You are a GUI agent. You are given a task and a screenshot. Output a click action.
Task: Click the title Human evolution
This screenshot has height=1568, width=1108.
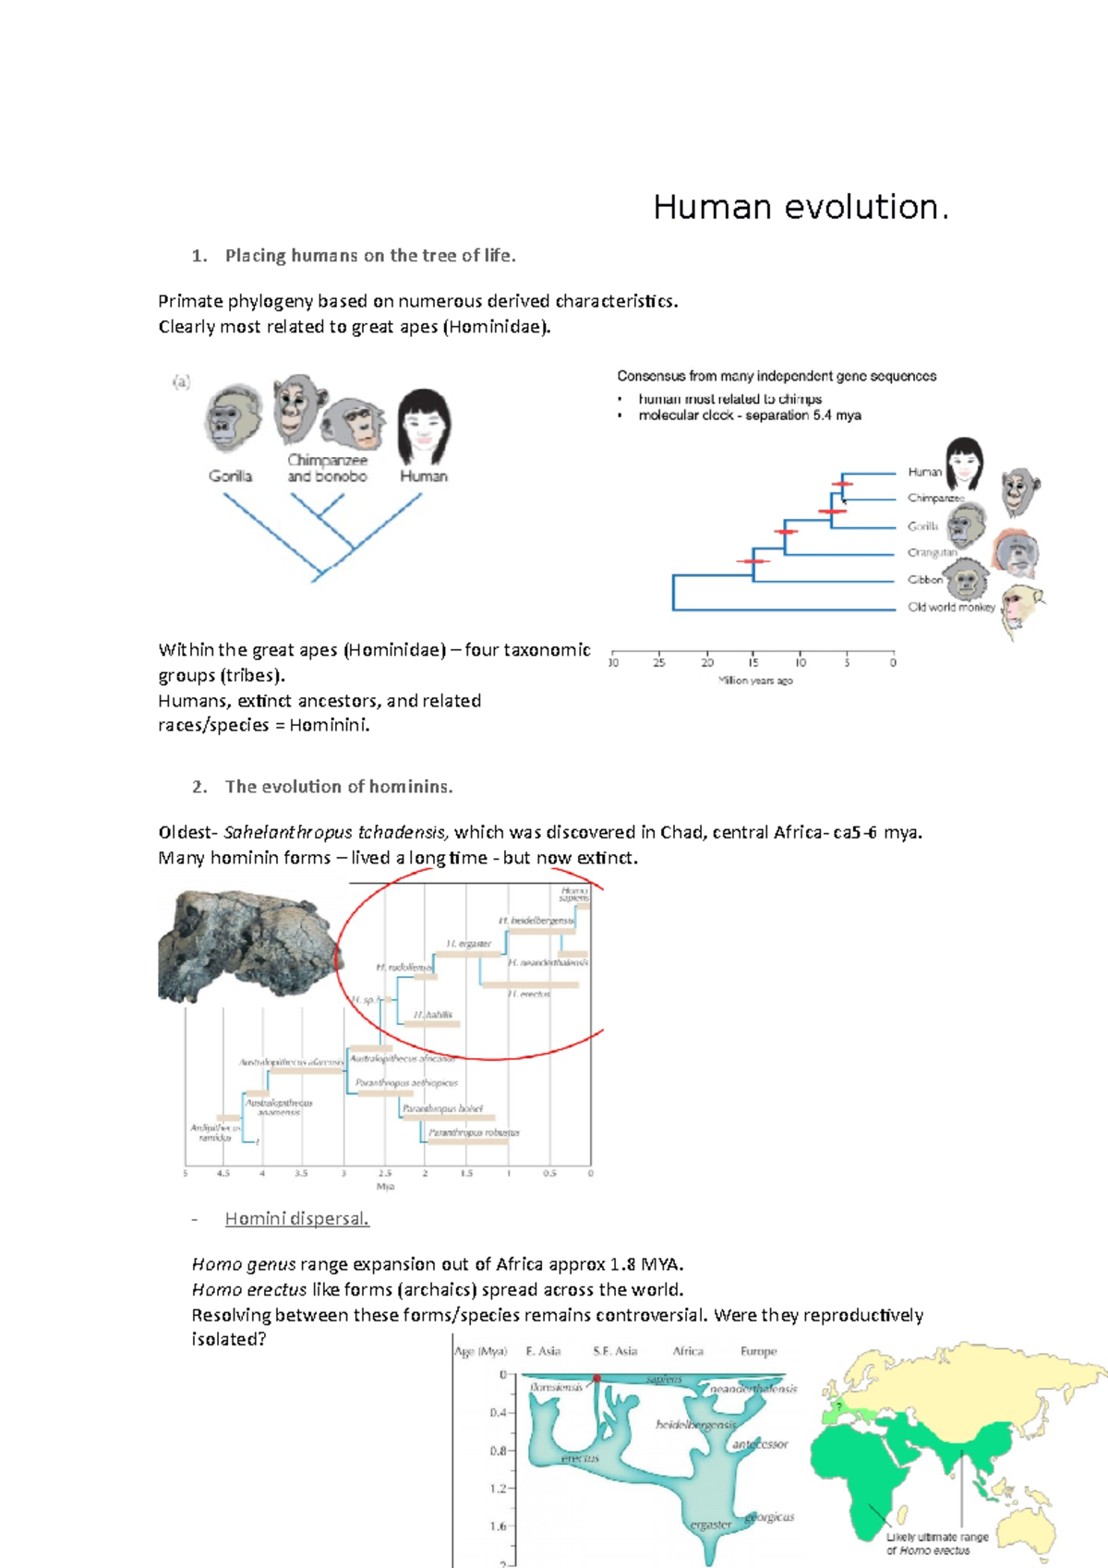click(x=800, y=207)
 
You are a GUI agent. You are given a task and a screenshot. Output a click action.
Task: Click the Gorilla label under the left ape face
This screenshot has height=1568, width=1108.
click(x=230, y=476)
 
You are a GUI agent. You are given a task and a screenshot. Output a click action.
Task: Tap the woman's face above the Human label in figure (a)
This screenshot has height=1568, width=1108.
click(x=424, y=428)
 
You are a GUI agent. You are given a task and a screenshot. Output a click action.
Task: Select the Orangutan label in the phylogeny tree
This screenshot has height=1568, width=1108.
click(x=932, y=553)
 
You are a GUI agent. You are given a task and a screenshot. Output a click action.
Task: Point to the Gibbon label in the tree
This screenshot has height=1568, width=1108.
click(x=924, y=580)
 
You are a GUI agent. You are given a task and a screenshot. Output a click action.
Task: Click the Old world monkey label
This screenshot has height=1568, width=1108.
click(x=951, y=608)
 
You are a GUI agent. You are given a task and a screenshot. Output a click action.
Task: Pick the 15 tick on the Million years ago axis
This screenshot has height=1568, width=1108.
click(x=753, y=662)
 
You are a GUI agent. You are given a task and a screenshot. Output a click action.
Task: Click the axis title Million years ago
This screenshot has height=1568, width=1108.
click(x=755, y=681)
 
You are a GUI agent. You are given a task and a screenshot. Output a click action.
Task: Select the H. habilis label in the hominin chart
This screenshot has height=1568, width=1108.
click(x=433, y=1015)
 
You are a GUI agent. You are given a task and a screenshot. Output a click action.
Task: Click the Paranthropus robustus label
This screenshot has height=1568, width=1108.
click(x=474, y=1132)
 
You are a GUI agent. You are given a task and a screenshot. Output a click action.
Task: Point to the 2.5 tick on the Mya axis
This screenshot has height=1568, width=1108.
click(x=384, y=1174)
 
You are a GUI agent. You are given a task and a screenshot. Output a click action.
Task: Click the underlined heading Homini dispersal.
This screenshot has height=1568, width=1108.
click(x=296, y=1219)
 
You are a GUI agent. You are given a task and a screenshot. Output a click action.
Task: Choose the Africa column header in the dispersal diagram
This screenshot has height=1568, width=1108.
click(x=688, y=1351)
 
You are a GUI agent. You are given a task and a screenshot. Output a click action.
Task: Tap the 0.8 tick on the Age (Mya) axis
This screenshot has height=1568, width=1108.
click(x=499, y=1451)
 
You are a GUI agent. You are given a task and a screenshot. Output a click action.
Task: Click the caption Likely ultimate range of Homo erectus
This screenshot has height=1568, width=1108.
click(x=936, y=1544)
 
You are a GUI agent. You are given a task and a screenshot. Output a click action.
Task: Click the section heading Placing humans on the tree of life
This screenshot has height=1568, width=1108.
click(x=369, y=256)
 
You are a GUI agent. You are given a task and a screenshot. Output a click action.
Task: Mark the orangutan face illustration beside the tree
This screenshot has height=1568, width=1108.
click(x=1016, y=552)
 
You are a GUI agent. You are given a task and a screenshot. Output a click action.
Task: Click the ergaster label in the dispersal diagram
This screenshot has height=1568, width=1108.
click(x=711, y=1525)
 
